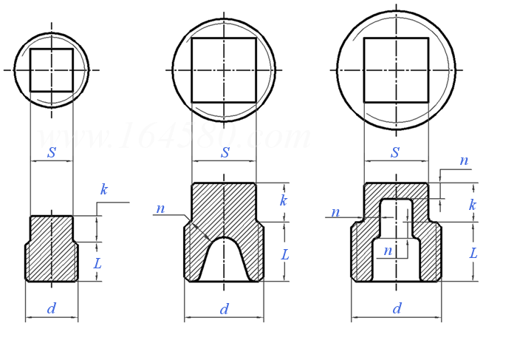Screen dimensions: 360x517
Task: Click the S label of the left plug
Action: point(52,153)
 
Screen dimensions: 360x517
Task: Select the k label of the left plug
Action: point(104,190)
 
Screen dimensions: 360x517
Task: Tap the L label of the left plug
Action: point(97,263)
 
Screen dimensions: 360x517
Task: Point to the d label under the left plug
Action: point(51,309)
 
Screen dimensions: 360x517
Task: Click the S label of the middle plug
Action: point(225,153)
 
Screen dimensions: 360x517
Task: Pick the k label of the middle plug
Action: point(283,201)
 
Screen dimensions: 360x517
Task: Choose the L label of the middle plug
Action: point(284,254)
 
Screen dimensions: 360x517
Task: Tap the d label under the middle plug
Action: point(224,309)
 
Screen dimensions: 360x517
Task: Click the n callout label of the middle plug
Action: point(160,209)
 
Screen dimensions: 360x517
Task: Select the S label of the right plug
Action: point(395,153)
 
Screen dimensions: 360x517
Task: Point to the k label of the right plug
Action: point(472,205)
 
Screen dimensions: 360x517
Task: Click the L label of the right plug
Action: point(473,253)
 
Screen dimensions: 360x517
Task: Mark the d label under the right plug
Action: point(397,309)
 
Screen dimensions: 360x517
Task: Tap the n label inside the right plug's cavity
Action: point(388,251)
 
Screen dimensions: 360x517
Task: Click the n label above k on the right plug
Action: point(464,160)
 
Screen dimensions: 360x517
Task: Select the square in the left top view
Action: point(52,70)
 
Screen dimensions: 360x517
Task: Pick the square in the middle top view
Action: point(224,70)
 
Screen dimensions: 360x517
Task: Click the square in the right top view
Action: point(396,70)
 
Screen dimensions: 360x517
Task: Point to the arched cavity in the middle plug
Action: point(224,262)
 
